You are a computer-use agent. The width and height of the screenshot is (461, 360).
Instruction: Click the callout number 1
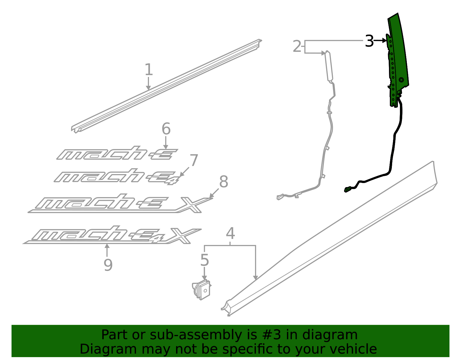[148, 70]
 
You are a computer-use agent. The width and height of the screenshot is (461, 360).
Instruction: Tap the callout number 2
[297, 46]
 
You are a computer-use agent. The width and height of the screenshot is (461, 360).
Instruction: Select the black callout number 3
[369, 41]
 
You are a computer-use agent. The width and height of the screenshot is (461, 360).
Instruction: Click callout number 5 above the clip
[204, 260]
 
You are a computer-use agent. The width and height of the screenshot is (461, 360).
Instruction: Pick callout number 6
[166, 129]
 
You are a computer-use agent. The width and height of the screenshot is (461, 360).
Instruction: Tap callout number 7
[194, 161]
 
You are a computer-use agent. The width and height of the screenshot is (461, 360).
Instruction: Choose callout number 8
[224, 182]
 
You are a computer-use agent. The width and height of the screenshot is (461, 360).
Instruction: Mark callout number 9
[108, 265]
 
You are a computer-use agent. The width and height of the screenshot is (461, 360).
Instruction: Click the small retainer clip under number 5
[202, 290]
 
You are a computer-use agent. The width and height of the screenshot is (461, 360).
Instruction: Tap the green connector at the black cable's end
[348, 189]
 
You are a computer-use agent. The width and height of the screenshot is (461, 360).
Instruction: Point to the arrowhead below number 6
[166, 147]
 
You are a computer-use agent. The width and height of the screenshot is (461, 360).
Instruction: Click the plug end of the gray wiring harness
[279, 197]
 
